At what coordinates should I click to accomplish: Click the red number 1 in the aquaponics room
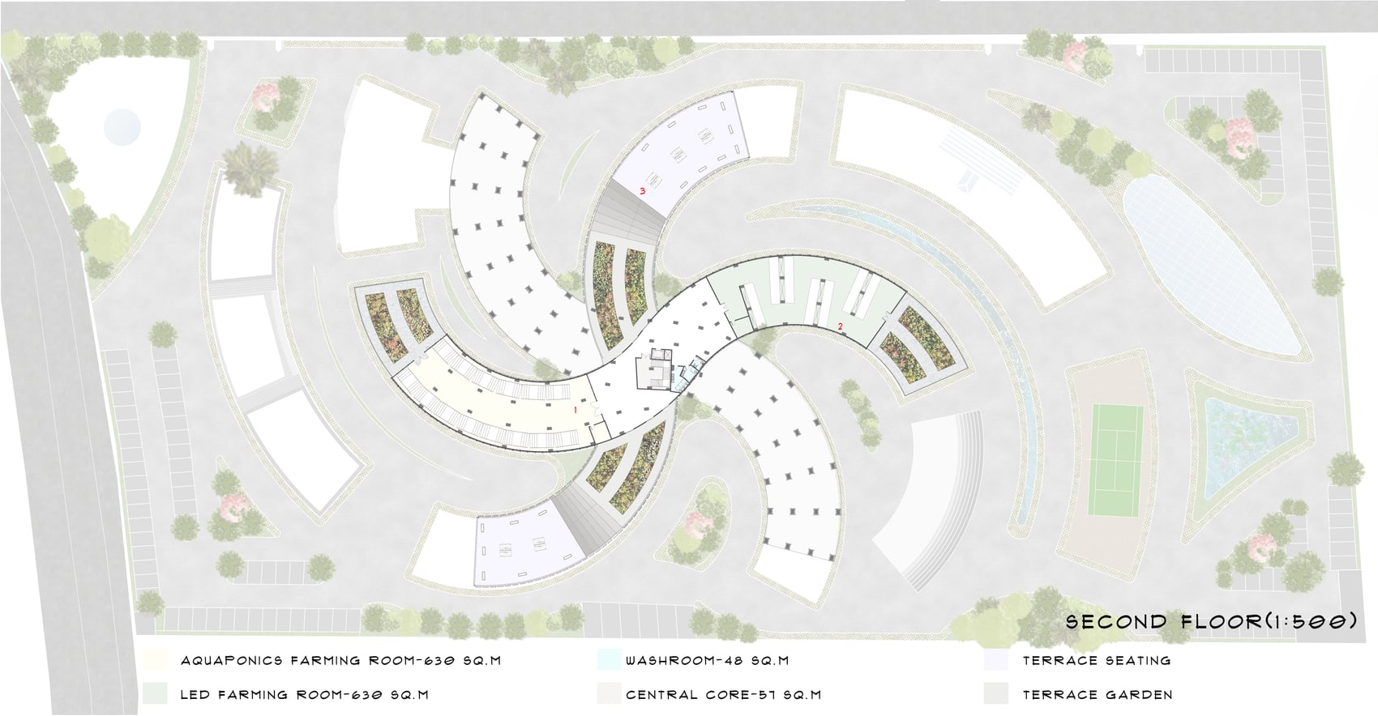pyautogui.click(x=576, y=409)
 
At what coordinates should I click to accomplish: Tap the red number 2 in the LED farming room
pyautogui.click(x=841, y=327)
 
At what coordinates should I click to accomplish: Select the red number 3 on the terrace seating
pyautogui.click(x=643, y=191)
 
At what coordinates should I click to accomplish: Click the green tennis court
pyautogui.click(x=1115, y=460)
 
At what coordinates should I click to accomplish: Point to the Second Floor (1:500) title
pyautogui.click(x=1211, y=621)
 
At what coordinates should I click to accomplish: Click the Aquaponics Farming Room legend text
pyautogui.click(x=340, y=661)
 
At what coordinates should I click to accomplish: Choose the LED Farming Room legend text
pyautogui.click(x=305, y=695)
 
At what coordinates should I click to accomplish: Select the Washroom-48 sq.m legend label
pyautogui.click(x=708, y=661)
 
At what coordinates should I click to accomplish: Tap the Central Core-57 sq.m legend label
pyautogui.click(x=723, y=695)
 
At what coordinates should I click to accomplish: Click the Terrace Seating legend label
pyautogui.click(x=1097, y=661)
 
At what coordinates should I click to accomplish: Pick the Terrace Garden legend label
pyautogui.click(x=1098, y=695)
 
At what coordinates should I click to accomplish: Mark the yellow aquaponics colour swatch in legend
pyautogui.click(x=154, y=660)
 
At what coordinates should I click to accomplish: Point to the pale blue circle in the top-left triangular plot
pyautogui.click(x=122, y=127)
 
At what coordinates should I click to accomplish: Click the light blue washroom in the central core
pyautogui.click(x=680, y=379)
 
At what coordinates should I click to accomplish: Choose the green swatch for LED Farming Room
pyautogui.click(x=154, y=694)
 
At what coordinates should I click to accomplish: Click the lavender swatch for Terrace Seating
pyautogui.click(x=996, y=660)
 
